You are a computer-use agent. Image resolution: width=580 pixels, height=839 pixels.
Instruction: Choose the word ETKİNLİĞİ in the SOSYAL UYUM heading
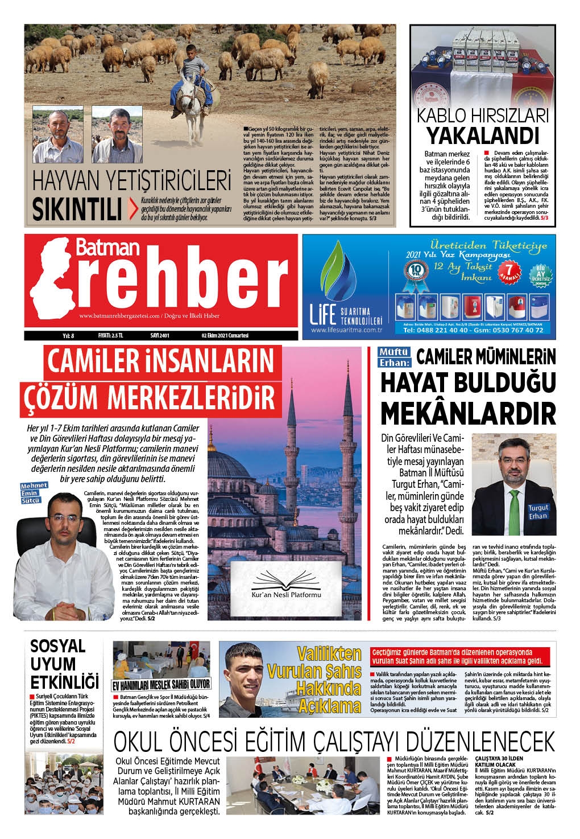click(x=64, y=681)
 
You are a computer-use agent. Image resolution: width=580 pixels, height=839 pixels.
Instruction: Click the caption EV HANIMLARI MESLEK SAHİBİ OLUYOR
click(x=161, y=684)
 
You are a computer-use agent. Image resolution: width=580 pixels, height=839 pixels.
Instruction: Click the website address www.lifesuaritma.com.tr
click(x=345, y=330)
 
